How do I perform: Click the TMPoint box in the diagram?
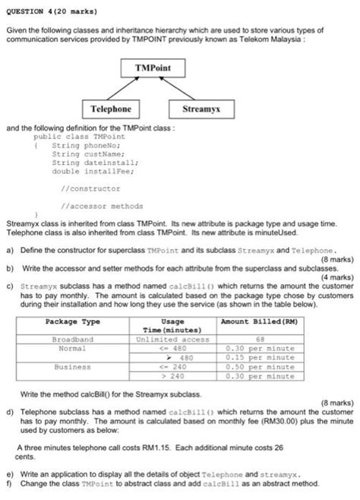point(153,68)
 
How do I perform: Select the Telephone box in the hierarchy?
point(111,109)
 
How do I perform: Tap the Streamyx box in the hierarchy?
point(201,109)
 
